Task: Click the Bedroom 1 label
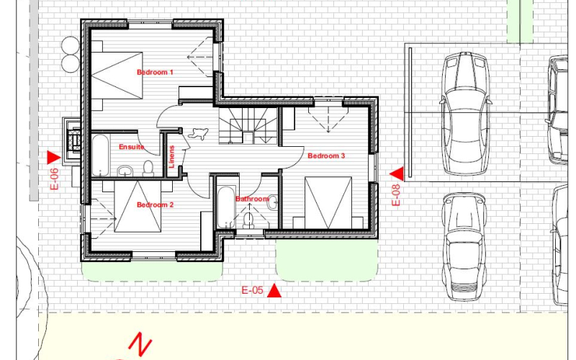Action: pyautogui.click(x=155, y=73)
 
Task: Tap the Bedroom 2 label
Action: pyautogui.click(x=155, y=204)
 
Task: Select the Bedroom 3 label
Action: pyautogui.click(x=326, y=156)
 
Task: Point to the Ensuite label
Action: pyautogui.click(x=132, y=147)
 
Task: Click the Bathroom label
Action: pyautogui.click(x=252, y=199)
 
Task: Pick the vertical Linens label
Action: pyautogui.click(x=171, y=157)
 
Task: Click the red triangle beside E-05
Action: pyautogui.click(x=274, y=290)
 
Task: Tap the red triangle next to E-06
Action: pyautogui.click(x=53, y=158)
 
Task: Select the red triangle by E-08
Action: pyautogui.click(x=397, y=174)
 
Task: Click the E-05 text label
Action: pyautogui.click(x=253, y=290)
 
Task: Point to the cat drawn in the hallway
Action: pyautogui.click(x=199, y=133)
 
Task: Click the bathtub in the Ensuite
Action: pyautogui.click(x=100, y=156)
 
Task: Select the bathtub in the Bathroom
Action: pyautogui.click(x=226, y=207)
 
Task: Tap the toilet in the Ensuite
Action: pyautogui.click(x=148, y=168)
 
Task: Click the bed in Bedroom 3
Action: pyautogui.click(x=328, y=203)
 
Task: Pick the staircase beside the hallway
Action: pyautogui.click(x=248, y=125)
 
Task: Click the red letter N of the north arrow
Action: pyautogui.click(x=140, y=344)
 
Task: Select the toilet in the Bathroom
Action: pyautogui.click(x=248, y=220)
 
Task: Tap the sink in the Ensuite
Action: pyautogui.click(x=125, y=171)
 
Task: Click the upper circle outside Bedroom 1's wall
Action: pyautogui.click(x=71, y=45)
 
